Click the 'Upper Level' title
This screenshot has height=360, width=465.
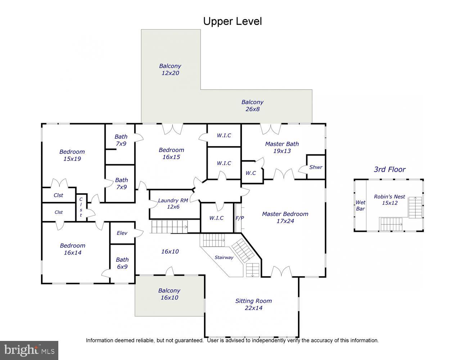[x=232, y=21]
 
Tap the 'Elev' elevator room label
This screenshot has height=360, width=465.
[x=122, y=233]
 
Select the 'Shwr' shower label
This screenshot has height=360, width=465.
[x=316, y=167]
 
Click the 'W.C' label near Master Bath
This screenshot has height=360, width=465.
[x=250, y=173]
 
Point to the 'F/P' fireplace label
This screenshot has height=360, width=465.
[x=240, y=218]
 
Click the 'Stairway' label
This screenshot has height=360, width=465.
[x=224, y=257]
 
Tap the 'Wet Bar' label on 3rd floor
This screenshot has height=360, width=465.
[x=360, y=206]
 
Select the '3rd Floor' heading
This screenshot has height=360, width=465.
[x=389, y=169]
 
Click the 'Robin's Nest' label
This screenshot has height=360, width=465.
[x=389, y=197]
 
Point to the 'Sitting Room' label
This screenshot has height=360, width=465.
[x=253, y=301]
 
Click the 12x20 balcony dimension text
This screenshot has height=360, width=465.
[x=170, y=73]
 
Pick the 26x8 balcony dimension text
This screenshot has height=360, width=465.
[x=252, y=109]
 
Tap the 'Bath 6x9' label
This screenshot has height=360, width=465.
[x=122, y=263]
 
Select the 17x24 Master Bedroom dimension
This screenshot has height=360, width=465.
[x=285, y=221]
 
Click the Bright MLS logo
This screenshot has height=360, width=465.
[x=29, y=350]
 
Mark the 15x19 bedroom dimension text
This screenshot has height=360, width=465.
[x=72, y=159]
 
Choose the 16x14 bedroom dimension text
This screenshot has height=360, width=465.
[x=72, y=253]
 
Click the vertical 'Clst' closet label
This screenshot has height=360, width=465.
[x=81, y=207]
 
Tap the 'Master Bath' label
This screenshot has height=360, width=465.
[x=282, y=144]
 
